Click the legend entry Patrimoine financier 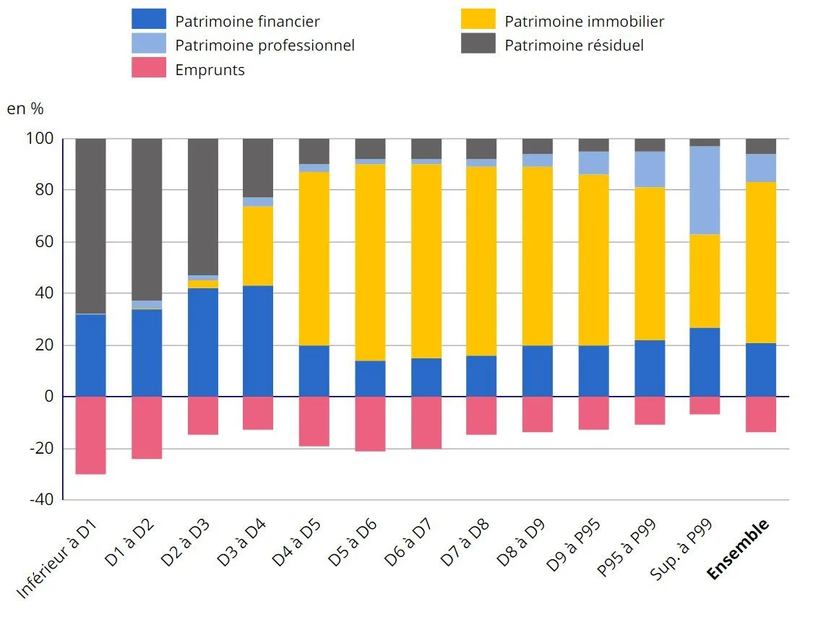[247, 22]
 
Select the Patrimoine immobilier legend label [584, 22]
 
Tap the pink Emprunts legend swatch [149, 69]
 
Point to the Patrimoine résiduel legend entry [574, 46]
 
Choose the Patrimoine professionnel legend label [264, 46]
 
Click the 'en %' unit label [25, 109]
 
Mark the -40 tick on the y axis [43, 500]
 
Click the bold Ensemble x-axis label [739, 551]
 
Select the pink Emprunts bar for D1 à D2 [147, 428]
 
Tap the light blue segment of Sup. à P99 [705, 190]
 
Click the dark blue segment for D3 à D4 [258, 341]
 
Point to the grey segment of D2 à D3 [203, 207]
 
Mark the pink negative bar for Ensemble [761, 415]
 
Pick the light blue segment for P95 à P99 [650, 169]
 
